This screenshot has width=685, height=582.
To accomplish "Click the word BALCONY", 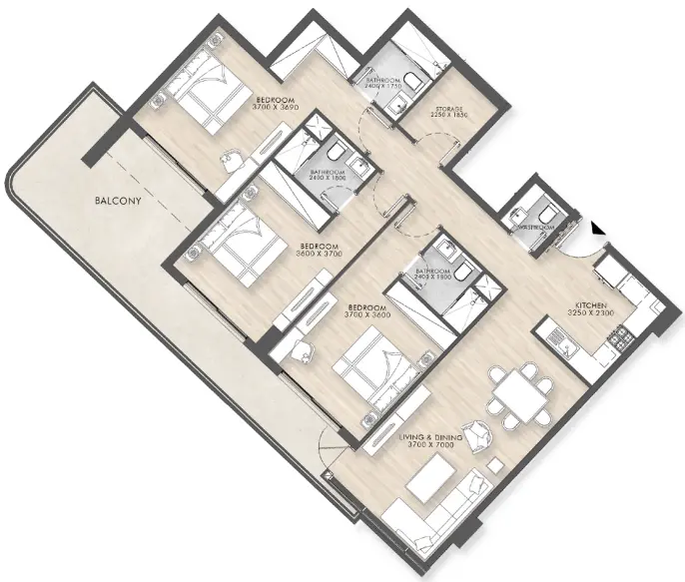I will coord(116,201).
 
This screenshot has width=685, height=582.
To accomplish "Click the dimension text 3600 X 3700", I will coord(319,255).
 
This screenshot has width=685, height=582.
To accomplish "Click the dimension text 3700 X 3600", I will coord(367,315).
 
